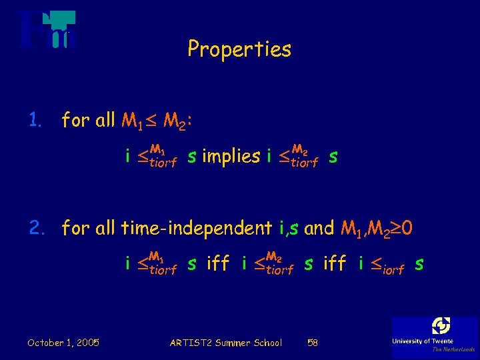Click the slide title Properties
pos(239,49)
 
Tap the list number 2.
pos(36,228)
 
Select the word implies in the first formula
pos(231,157)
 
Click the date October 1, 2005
pos(63,343)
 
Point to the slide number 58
pos(313,343)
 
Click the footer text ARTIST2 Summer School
pos(226,343)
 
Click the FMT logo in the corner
pos(47,30)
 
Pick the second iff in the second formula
pos(334,264)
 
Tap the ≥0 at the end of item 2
pos(403,229)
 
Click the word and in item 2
pos(319,229)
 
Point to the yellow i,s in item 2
pos(289,229)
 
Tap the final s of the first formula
pos(333,157)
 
